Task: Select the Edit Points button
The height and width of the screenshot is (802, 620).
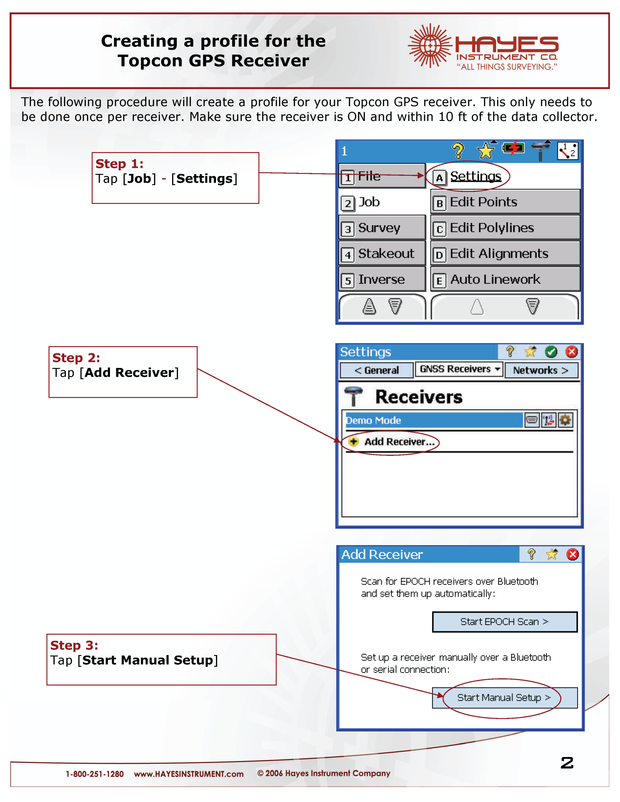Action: [x=505, y=202]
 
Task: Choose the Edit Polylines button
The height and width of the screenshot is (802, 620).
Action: [x=505, y=228]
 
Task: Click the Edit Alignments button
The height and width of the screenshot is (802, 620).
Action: [x=505, y=254]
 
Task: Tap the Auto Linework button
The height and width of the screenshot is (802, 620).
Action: [x=505, y=279]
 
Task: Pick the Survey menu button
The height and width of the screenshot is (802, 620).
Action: [x=382, y=228]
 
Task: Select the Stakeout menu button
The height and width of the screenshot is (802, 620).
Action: [x=382, y=254]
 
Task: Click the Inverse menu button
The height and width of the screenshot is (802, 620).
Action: [x=382, y=279]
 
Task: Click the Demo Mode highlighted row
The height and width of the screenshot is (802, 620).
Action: [x=434, y=420]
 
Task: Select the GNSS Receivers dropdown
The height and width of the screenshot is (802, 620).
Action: [x=459, y=369]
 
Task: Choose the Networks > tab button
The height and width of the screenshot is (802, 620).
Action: [x=541, y=370]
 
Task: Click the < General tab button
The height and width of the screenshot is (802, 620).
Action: [x=376, y=370]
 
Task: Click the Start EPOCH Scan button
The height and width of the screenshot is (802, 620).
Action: [x=504, y=622]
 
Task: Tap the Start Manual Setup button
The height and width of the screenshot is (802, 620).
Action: [x=504, y=698]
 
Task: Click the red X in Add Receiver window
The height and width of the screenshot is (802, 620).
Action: [x=572, y=554]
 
